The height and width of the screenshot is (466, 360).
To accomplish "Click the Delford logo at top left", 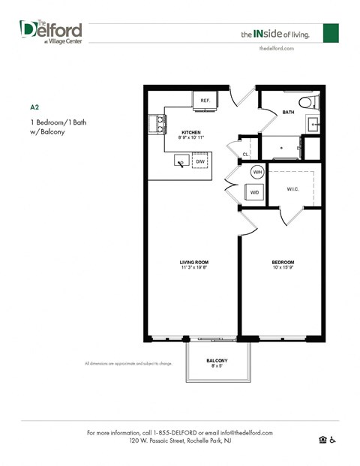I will point(50,32).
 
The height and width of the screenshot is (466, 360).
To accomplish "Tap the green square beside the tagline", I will point(331,33).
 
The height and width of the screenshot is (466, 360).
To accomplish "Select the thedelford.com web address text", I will point(276,47).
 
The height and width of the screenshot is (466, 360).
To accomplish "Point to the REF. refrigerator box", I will point(204,100).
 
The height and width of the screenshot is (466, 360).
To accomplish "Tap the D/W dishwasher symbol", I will point(200,161).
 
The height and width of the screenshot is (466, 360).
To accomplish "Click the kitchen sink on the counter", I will point(181,161).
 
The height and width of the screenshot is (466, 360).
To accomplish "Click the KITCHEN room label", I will point(191,133).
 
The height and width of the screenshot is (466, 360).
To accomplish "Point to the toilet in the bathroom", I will point(307,103).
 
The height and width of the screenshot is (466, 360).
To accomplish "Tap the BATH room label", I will point(289,113).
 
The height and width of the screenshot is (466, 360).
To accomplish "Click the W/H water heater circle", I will point(257,172).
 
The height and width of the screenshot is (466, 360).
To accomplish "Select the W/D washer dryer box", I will point(255,192).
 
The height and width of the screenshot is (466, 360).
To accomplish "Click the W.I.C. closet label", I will point(292,188).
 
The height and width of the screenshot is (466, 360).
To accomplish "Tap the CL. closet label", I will point(245,155).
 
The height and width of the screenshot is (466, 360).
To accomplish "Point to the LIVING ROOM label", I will point(193,262).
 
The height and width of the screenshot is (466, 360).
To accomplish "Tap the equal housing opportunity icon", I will point(322,440).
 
